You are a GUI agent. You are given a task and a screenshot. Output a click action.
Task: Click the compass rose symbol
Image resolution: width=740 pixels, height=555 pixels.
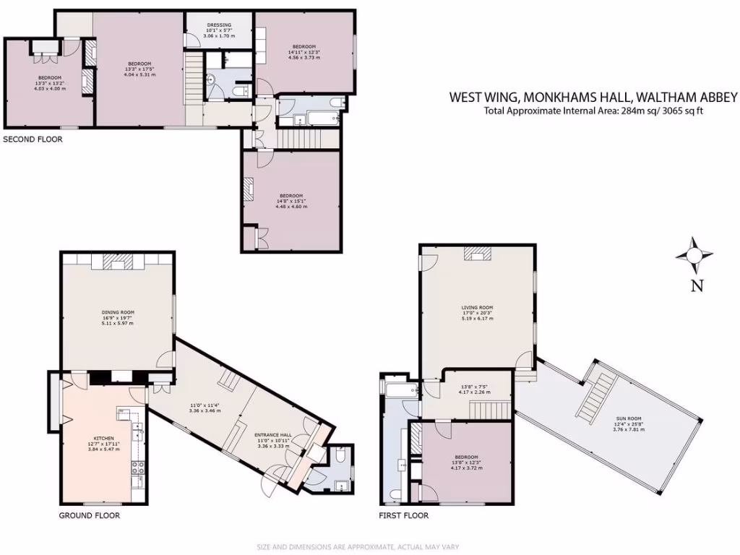694,255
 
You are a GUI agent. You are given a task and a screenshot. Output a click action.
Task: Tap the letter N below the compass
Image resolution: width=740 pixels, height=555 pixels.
697,285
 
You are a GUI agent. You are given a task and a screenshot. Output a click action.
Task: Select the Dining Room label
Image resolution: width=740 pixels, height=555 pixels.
117,317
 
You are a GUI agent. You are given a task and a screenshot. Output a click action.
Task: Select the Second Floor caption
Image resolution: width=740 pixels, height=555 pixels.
33,139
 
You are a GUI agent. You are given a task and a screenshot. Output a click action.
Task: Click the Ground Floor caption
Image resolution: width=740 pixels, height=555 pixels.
89,516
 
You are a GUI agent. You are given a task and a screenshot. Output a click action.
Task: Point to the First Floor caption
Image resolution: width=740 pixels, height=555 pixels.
404,516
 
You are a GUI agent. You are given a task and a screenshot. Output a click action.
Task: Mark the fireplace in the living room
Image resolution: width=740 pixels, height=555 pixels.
477,252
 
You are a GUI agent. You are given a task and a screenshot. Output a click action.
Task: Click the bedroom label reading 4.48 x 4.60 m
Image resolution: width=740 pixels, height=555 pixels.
291,200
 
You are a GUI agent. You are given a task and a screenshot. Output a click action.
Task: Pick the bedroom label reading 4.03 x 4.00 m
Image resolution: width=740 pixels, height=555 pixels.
49,82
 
